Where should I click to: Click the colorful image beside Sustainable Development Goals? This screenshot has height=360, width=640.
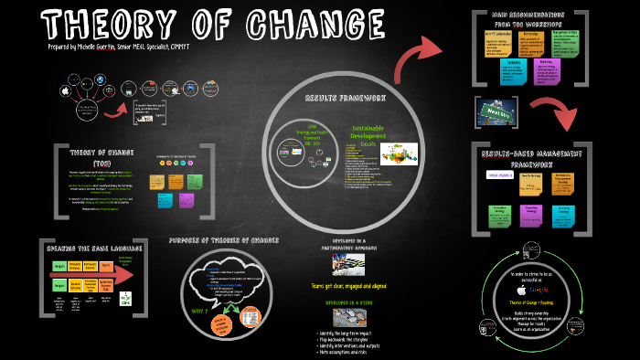399,153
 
